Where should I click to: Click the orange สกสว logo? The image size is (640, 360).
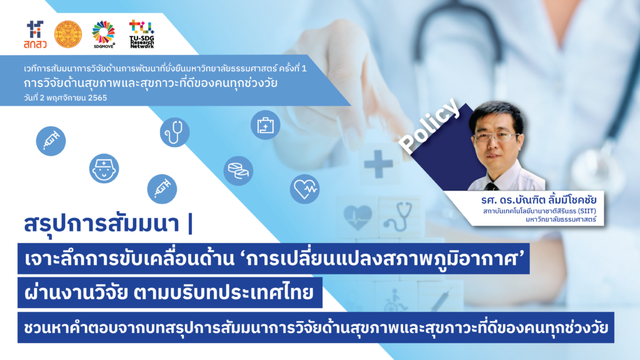pos(35,35)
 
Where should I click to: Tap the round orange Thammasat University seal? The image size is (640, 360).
pos(68,34)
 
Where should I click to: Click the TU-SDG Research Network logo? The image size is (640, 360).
pos(142,34)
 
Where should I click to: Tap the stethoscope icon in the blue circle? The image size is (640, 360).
pos(175,132)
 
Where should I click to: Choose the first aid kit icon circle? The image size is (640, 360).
pos(265,125)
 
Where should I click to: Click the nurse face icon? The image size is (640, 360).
pos(104,169)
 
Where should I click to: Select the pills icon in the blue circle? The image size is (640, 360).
pos(238,171)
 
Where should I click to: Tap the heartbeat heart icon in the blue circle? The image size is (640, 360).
pos(305,189)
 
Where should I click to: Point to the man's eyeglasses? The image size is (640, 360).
pos(497,137)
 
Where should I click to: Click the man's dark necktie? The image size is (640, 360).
pos(491,187)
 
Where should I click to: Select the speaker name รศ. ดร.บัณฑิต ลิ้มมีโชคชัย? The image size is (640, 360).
pos(539,200)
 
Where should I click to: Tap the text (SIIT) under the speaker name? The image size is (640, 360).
pos(587,211)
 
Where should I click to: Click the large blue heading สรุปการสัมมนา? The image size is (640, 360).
pos(102,224)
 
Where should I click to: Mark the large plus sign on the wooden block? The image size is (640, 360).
pos(378,164)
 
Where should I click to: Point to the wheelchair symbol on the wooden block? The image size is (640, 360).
pos(394,299)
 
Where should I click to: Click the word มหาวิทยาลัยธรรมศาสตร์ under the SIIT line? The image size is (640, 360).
pos(561,220)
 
